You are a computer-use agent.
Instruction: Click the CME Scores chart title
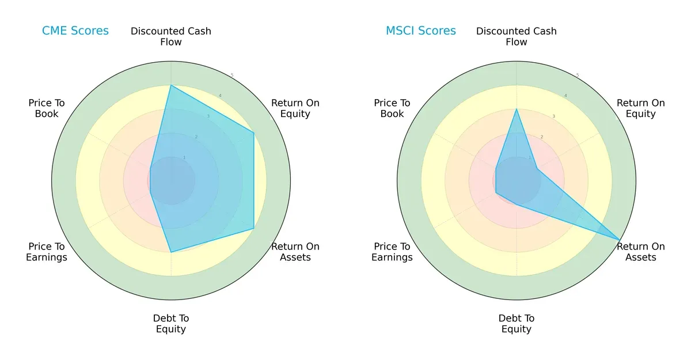[x=75, y=31]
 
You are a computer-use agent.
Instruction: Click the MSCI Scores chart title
[x=420, y=31]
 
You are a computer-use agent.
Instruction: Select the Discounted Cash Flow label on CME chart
[x=171, y=36]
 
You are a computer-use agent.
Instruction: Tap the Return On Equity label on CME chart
[x=295, y=108]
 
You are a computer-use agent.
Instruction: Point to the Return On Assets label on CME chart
[x=295, y=252]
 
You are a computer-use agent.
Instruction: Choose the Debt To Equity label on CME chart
[x=171, y=324]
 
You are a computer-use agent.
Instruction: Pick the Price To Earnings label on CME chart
[x=47, y=252]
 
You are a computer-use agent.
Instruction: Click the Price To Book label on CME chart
[x=47, y=108]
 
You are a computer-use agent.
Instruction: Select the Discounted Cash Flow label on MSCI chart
[x=517, y=36]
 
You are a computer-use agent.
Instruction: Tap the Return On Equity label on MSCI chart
[x=641, y=108]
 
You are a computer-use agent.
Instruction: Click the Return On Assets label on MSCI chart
[x=641, y=252]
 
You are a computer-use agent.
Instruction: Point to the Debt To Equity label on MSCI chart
[x=517, y=324]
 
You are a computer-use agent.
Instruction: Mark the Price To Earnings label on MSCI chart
[x=392, y=252]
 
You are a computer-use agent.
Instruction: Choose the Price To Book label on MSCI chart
[x=392, y=108]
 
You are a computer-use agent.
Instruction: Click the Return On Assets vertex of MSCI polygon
[x=620, y=240]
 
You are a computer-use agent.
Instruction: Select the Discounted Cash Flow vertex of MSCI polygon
[x=517, y=109]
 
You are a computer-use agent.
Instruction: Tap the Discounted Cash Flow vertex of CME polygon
[x=171, y=86]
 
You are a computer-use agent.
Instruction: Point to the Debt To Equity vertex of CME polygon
[x=171, y=252]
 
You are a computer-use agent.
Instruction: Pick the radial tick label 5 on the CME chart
[x=232, y=75]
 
